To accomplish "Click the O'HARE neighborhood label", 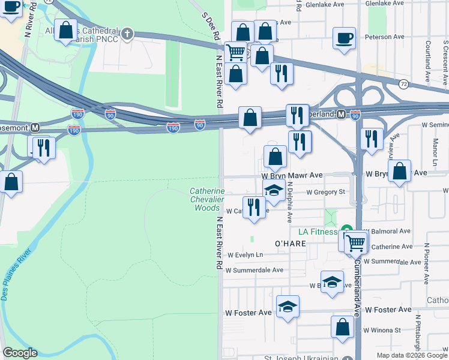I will coord(291,244).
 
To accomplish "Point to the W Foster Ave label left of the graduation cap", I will coord(248,313).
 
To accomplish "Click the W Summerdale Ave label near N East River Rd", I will coord(254,270).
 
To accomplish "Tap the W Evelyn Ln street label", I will coord(245,254).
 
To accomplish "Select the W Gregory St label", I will coord(325,193).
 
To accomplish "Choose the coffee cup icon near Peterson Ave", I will coord(345,38).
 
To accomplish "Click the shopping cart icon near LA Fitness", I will coord(356,242).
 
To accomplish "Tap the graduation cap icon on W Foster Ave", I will coord(288,307).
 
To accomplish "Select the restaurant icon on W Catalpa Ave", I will coord(255,208).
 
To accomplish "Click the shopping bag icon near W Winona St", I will coord(342,327).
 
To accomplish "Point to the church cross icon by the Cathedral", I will coord(127,34).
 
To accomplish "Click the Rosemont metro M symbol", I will coord(35,127).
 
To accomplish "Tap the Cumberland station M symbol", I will coord(341,114).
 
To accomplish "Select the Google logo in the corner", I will coord(20,353).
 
